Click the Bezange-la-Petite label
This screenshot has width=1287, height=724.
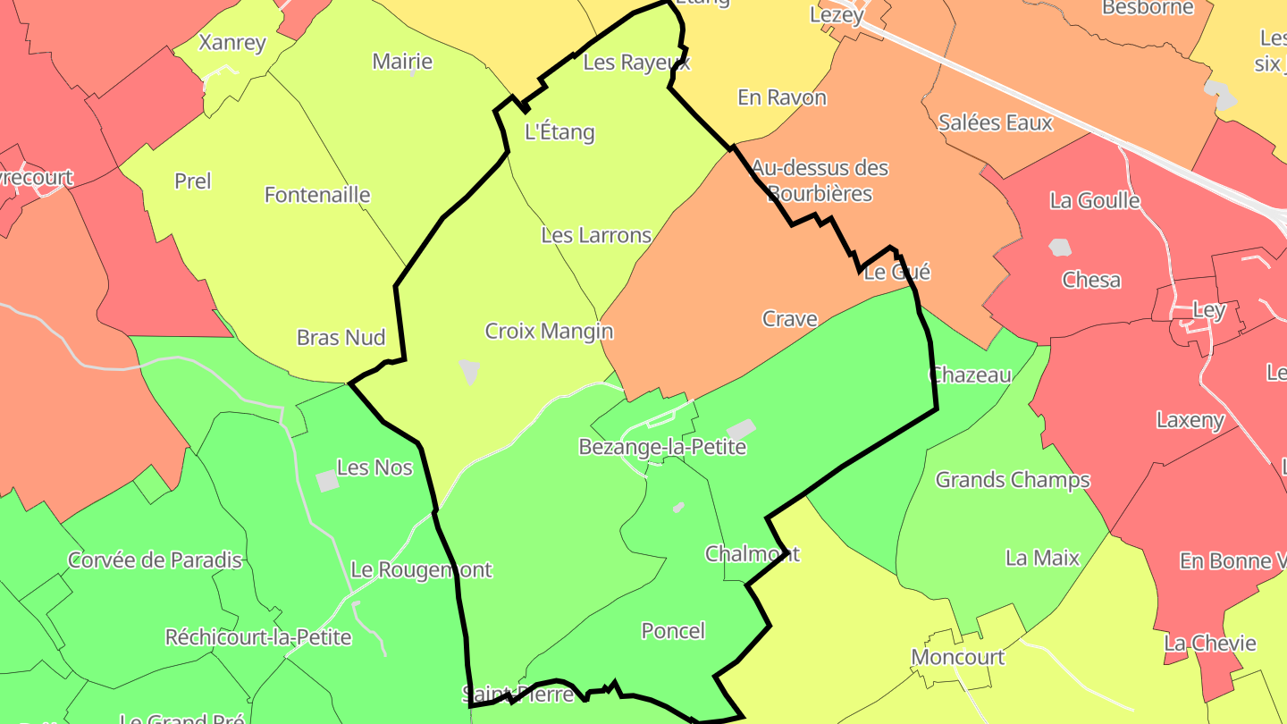tap(662, 447)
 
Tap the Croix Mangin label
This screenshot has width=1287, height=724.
tap(549, 332)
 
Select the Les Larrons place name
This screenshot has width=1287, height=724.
tap(596, 236)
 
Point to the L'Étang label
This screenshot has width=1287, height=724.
tap(559, 133)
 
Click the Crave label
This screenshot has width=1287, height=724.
tap(789, 319)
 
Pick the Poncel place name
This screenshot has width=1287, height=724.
tap(673, 631)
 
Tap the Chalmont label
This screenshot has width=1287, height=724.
tap(752, 554)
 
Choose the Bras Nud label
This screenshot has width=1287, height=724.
tap(341, 338)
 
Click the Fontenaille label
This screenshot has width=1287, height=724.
tap(317, 195)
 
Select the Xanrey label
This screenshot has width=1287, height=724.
tap(232, 43)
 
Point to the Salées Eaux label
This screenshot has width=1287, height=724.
tap(996, 122)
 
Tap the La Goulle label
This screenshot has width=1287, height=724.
tap(1095, 200)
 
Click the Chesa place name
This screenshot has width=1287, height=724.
tap(1091, 281)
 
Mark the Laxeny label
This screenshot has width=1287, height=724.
tap(1190, 420)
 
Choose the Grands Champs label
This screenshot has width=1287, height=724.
tap(1013, 481)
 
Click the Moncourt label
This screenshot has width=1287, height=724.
tap(957, 658)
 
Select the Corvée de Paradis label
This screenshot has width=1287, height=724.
tap(156, 561)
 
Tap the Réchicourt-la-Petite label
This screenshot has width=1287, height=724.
tap(258, 638)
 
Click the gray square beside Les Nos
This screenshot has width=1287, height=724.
tap(328, 481)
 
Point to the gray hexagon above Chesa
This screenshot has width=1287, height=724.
tap(1060, 247)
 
